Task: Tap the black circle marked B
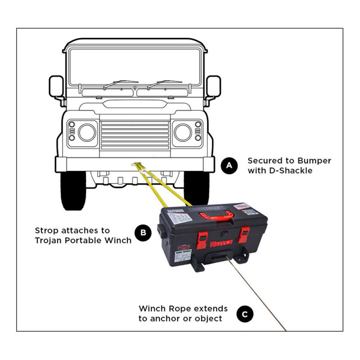[143, 233]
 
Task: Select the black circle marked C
[245, 314]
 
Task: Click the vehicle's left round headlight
[87, 132]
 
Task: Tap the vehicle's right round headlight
[183, 132]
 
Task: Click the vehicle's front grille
[135, 135]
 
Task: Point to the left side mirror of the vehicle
[57, 87]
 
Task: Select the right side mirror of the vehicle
[213, 86]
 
